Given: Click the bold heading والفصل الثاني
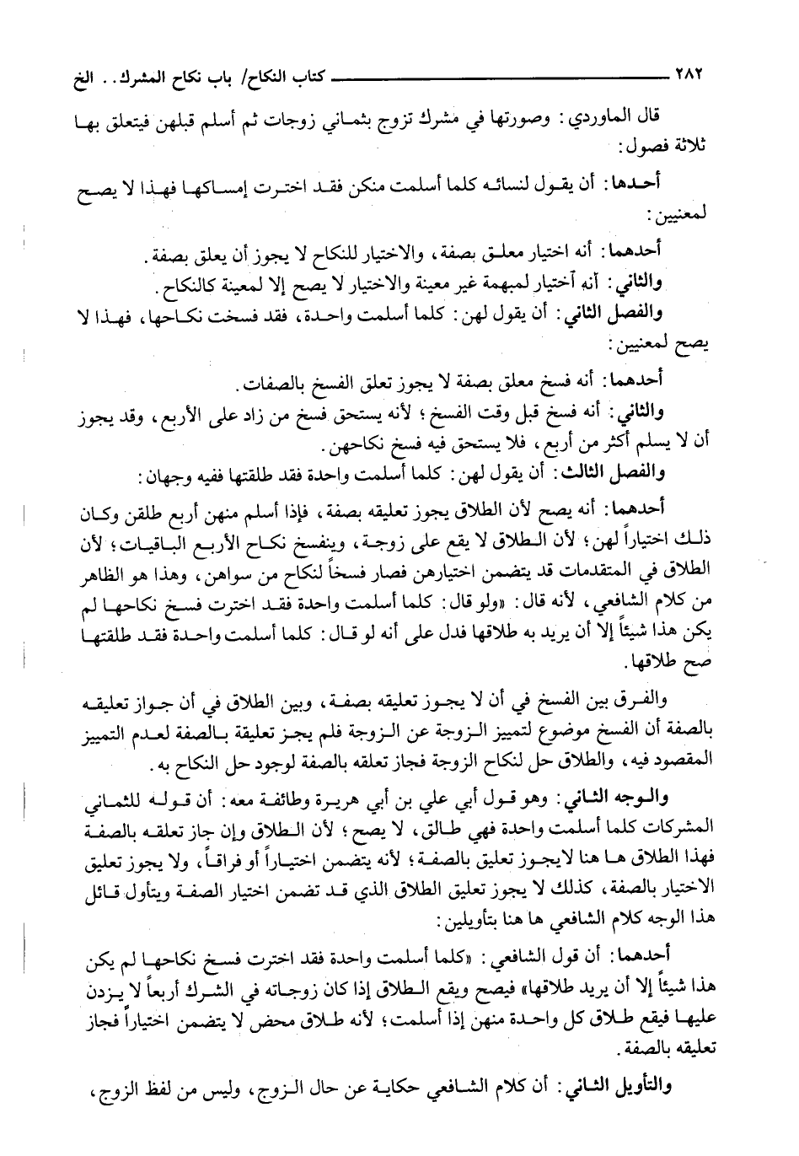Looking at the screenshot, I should click(608, 315).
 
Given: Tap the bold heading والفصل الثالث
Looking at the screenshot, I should click(603, 476).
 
